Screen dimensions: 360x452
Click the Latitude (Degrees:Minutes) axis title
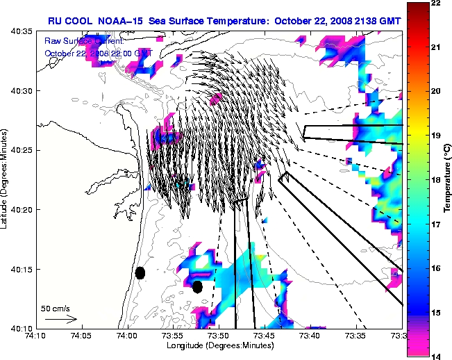click(x=6, y=180)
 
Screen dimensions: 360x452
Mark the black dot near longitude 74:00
click(x=140, y=273)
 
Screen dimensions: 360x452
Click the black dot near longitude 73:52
click(x=197, y=286)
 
